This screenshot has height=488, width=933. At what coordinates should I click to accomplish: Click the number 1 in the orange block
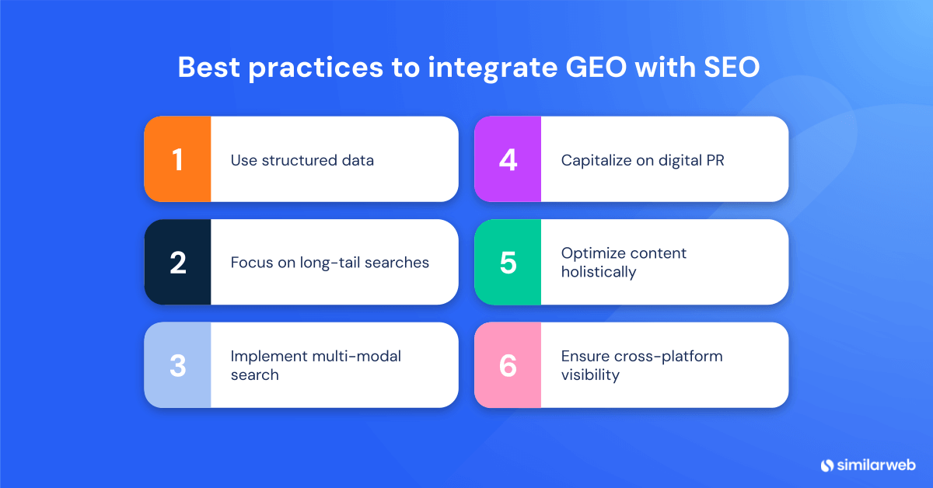pyautogui.click(x=177, y=159)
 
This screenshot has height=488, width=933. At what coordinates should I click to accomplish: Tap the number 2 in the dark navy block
pyautogui.click(x=177, y=263)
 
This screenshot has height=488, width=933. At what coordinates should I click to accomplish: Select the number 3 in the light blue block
pyautogui.click(x=177, y=365)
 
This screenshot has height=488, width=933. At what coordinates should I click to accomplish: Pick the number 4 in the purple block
pyautogui.click(x=508, y=159)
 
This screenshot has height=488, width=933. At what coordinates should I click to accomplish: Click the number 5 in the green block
pyautogui.click(x=508, y=263)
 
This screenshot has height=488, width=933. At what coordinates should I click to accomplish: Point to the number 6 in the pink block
pyautogui.click(x=508, y=365)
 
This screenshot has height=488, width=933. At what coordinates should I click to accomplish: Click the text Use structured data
pyautogui.click(x=302, y=160)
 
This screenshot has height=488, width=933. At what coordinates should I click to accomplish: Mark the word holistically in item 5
pyautogui.click(x=599, y=272)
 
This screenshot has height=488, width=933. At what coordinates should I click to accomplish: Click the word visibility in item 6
pyautogui.click(x=590, y=375)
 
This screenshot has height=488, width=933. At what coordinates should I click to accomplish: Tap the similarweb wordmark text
pyautogui.click(x=876, y=465)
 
